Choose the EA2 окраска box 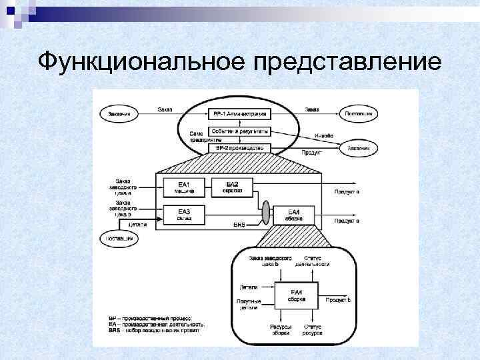pos(231,187)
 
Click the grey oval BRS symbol pos(265,213)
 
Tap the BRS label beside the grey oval pos(239,226)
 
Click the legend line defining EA pos(156,324)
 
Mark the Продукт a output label pos(347,192)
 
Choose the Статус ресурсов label pos(312,330)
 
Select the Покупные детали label pos(247,305)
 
